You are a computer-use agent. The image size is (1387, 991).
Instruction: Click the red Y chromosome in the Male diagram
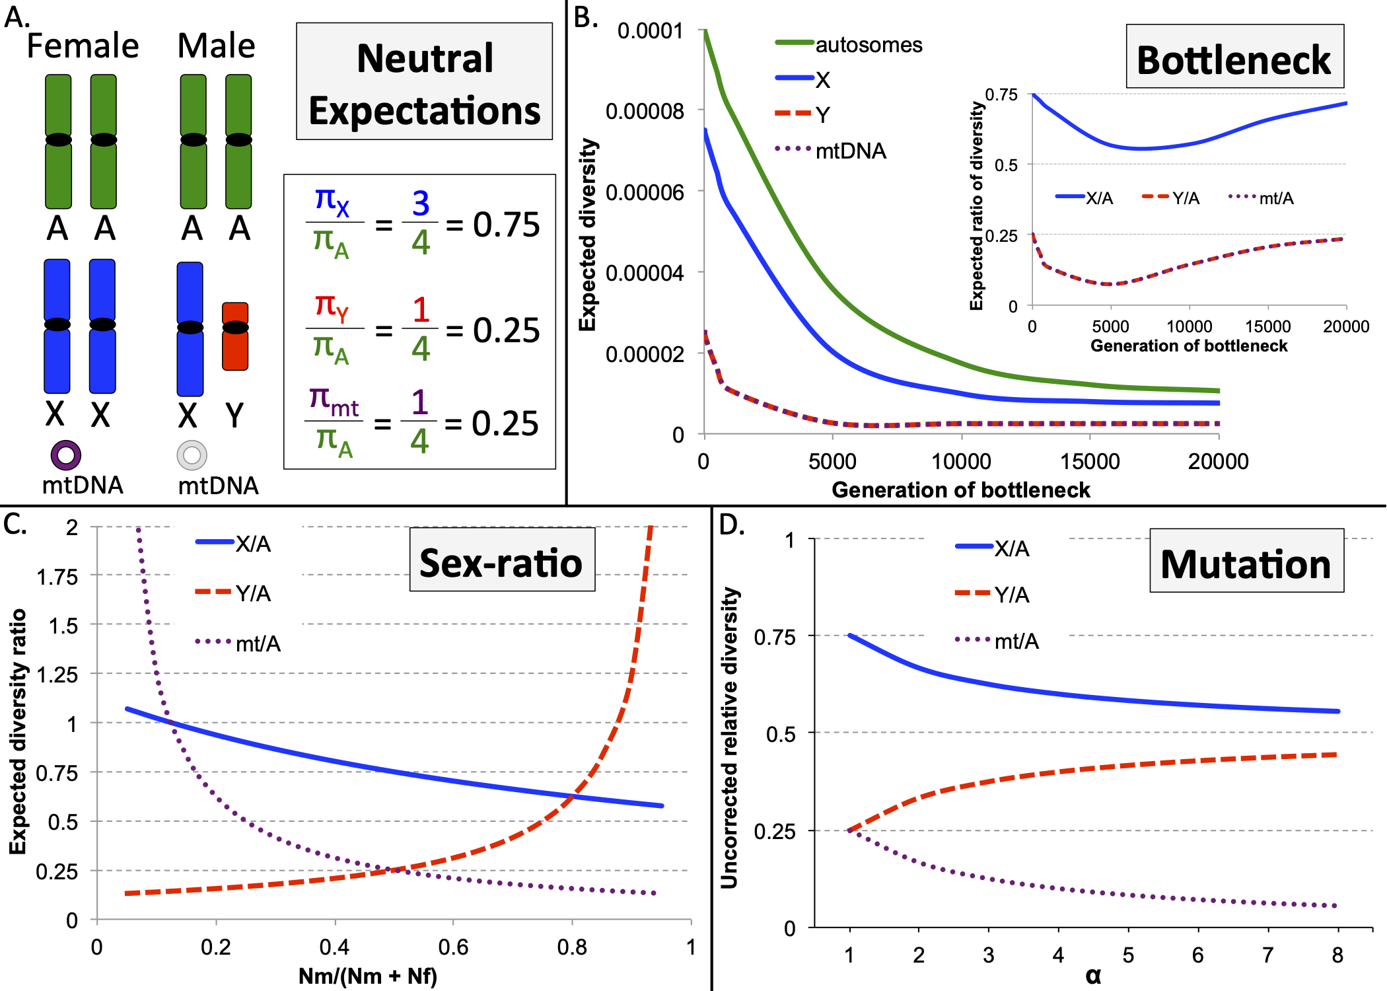(235, 336)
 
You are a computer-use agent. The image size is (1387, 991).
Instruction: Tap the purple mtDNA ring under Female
(66, 455)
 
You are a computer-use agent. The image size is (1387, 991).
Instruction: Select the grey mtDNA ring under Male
(192, 455)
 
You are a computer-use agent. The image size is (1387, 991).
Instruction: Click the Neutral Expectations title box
(424, 82)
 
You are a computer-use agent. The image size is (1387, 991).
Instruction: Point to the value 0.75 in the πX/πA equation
(506, 225)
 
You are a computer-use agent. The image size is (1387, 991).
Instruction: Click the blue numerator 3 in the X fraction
(421, 203)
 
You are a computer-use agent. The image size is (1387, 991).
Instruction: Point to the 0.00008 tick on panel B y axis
(645, 111)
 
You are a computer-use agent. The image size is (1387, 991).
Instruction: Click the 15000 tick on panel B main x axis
(1090, 461)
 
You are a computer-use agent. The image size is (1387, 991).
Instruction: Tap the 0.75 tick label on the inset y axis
(1001, 94)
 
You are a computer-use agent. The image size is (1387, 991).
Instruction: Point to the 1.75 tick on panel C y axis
(57, 577)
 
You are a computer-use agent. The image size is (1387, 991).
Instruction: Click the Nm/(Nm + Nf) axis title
(367, 976)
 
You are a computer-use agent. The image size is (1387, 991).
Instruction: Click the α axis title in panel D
(1093, 976)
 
